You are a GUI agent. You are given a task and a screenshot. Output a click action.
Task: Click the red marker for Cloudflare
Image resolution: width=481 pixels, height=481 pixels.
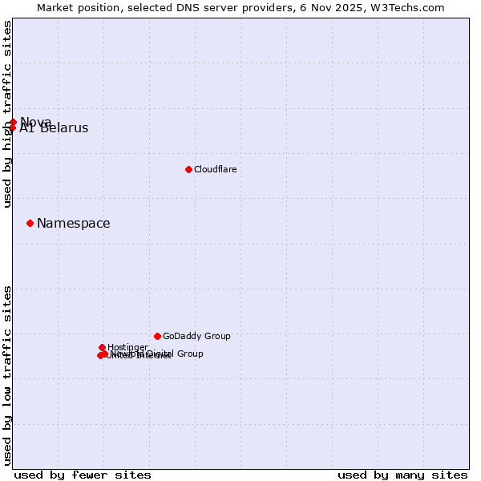[188, 169]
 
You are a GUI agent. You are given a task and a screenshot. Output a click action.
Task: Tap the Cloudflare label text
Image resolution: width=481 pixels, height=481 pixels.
[215, 170]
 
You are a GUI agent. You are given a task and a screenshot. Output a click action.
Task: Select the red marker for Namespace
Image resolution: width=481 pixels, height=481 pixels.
[30, 223]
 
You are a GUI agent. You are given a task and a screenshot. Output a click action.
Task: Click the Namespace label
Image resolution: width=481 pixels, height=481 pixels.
[74, 224]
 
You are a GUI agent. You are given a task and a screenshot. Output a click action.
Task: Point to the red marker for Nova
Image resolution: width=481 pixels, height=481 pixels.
[14, 122]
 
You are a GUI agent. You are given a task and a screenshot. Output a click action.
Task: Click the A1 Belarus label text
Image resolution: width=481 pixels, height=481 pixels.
[55, 129]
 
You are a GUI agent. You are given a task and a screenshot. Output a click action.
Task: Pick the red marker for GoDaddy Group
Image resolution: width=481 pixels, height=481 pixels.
[157, 336]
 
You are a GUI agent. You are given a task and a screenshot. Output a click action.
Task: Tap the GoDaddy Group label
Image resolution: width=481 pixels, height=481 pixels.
[196, 337]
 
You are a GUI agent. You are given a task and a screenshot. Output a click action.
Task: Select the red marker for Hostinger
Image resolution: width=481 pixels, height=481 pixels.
[103, 347]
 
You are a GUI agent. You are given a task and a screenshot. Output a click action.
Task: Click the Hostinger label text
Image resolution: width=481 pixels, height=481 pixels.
[127, 347]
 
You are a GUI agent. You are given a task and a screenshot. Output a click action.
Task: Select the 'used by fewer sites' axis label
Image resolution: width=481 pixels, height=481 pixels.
[83, 475]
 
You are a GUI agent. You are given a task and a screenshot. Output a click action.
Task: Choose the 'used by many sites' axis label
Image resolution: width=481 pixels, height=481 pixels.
[402, 475]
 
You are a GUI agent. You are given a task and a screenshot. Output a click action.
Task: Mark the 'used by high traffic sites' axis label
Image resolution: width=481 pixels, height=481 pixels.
[7, 114]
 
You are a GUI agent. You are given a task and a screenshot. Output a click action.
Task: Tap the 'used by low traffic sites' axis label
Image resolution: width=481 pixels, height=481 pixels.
[7, 375]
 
